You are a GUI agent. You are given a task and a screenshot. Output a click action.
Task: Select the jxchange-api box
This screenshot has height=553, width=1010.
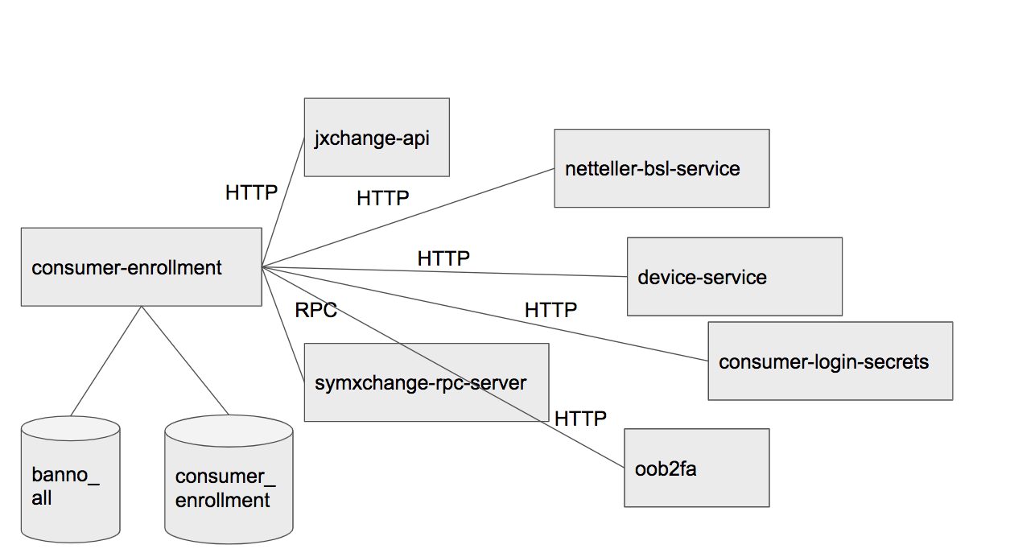point(376,138)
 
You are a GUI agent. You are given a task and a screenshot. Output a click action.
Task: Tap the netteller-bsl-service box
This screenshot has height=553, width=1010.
point(661,168)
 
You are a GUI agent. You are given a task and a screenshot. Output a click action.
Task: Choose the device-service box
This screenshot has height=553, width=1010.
point(734,277)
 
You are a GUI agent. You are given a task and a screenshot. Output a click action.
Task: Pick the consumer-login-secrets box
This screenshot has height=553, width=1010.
point(830,361)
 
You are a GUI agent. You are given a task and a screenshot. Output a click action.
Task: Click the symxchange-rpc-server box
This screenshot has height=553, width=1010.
point(426,382)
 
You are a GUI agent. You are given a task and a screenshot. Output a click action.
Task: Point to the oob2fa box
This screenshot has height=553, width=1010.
point(696,468)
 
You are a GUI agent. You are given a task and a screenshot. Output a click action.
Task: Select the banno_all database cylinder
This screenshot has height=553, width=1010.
point(71,479)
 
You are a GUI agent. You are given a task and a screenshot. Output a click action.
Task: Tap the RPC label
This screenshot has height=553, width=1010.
point(315,310)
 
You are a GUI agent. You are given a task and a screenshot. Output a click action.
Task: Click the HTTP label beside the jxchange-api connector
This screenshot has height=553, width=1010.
point(251,192)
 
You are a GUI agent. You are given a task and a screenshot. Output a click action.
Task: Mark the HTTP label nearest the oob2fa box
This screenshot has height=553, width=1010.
point(580,418)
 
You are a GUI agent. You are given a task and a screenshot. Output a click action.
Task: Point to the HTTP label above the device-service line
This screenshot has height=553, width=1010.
point(443,258)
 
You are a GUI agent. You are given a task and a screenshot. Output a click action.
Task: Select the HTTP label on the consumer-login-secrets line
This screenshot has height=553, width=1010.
point(550,309)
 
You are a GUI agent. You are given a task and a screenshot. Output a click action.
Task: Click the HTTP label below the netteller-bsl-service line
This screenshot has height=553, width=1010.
point(383,197)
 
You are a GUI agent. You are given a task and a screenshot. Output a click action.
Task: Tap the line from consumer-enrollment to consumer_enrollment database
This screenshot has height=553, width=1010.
point(185,360)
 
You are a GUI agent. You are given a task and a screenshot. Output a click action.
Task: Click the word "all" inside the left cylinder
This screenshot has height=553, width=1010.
point(42,498)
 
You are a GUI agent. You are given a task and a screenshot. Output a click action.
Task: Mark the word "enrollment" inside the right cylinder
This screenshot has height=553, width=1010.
point(223,500)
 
